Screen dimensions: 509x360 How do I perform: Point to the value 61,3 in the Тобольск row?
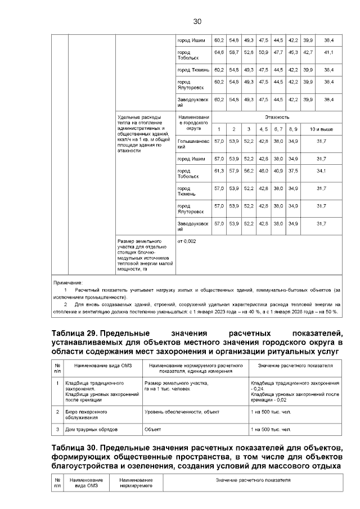pyautogui.click(x=219, y=170)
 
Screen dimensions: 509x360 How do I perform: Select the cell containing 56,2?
pyautogui.click(x=249, y=170)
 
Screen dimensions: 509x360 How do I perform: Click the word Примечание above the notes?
pyautogui.click(x=67, y=282)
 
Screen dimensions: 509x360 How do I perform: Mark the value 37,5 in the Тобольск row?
pyautogui.click(x=292, y=170)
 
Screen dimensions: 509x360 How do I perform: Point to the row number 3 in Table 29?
pyautogui.click(x=58, y=430)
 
